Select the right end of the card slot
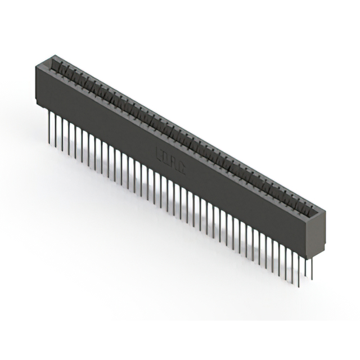pos(312,212)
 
